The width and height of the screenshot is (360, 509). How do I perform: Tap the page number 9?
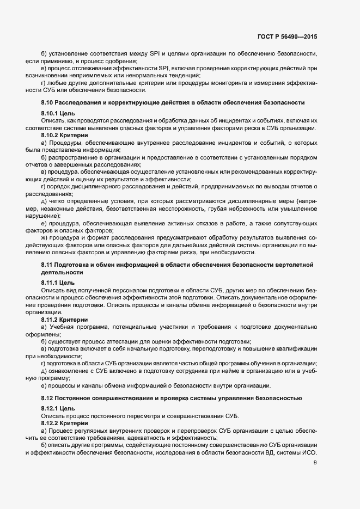pyautogui.click(x=314, y=463)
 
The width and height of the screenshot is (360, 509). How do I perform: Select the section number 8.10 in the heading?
pyautogui.click(x=47, y=103)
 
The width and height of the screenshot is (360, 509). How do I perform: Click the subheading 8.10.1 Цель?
pyautogui.click(x=54, y=113)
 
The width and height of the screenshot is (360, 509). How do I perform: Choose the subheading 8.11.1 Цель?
pyautogui.click(x=54, y=283)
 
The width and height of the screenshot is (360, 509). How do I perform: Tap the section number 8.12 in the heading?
pyautogui.click(x=47, y=398)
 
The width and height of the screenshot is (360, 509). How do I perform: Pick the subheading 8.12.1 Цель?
pyautogui.click(x=54, y=408)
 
